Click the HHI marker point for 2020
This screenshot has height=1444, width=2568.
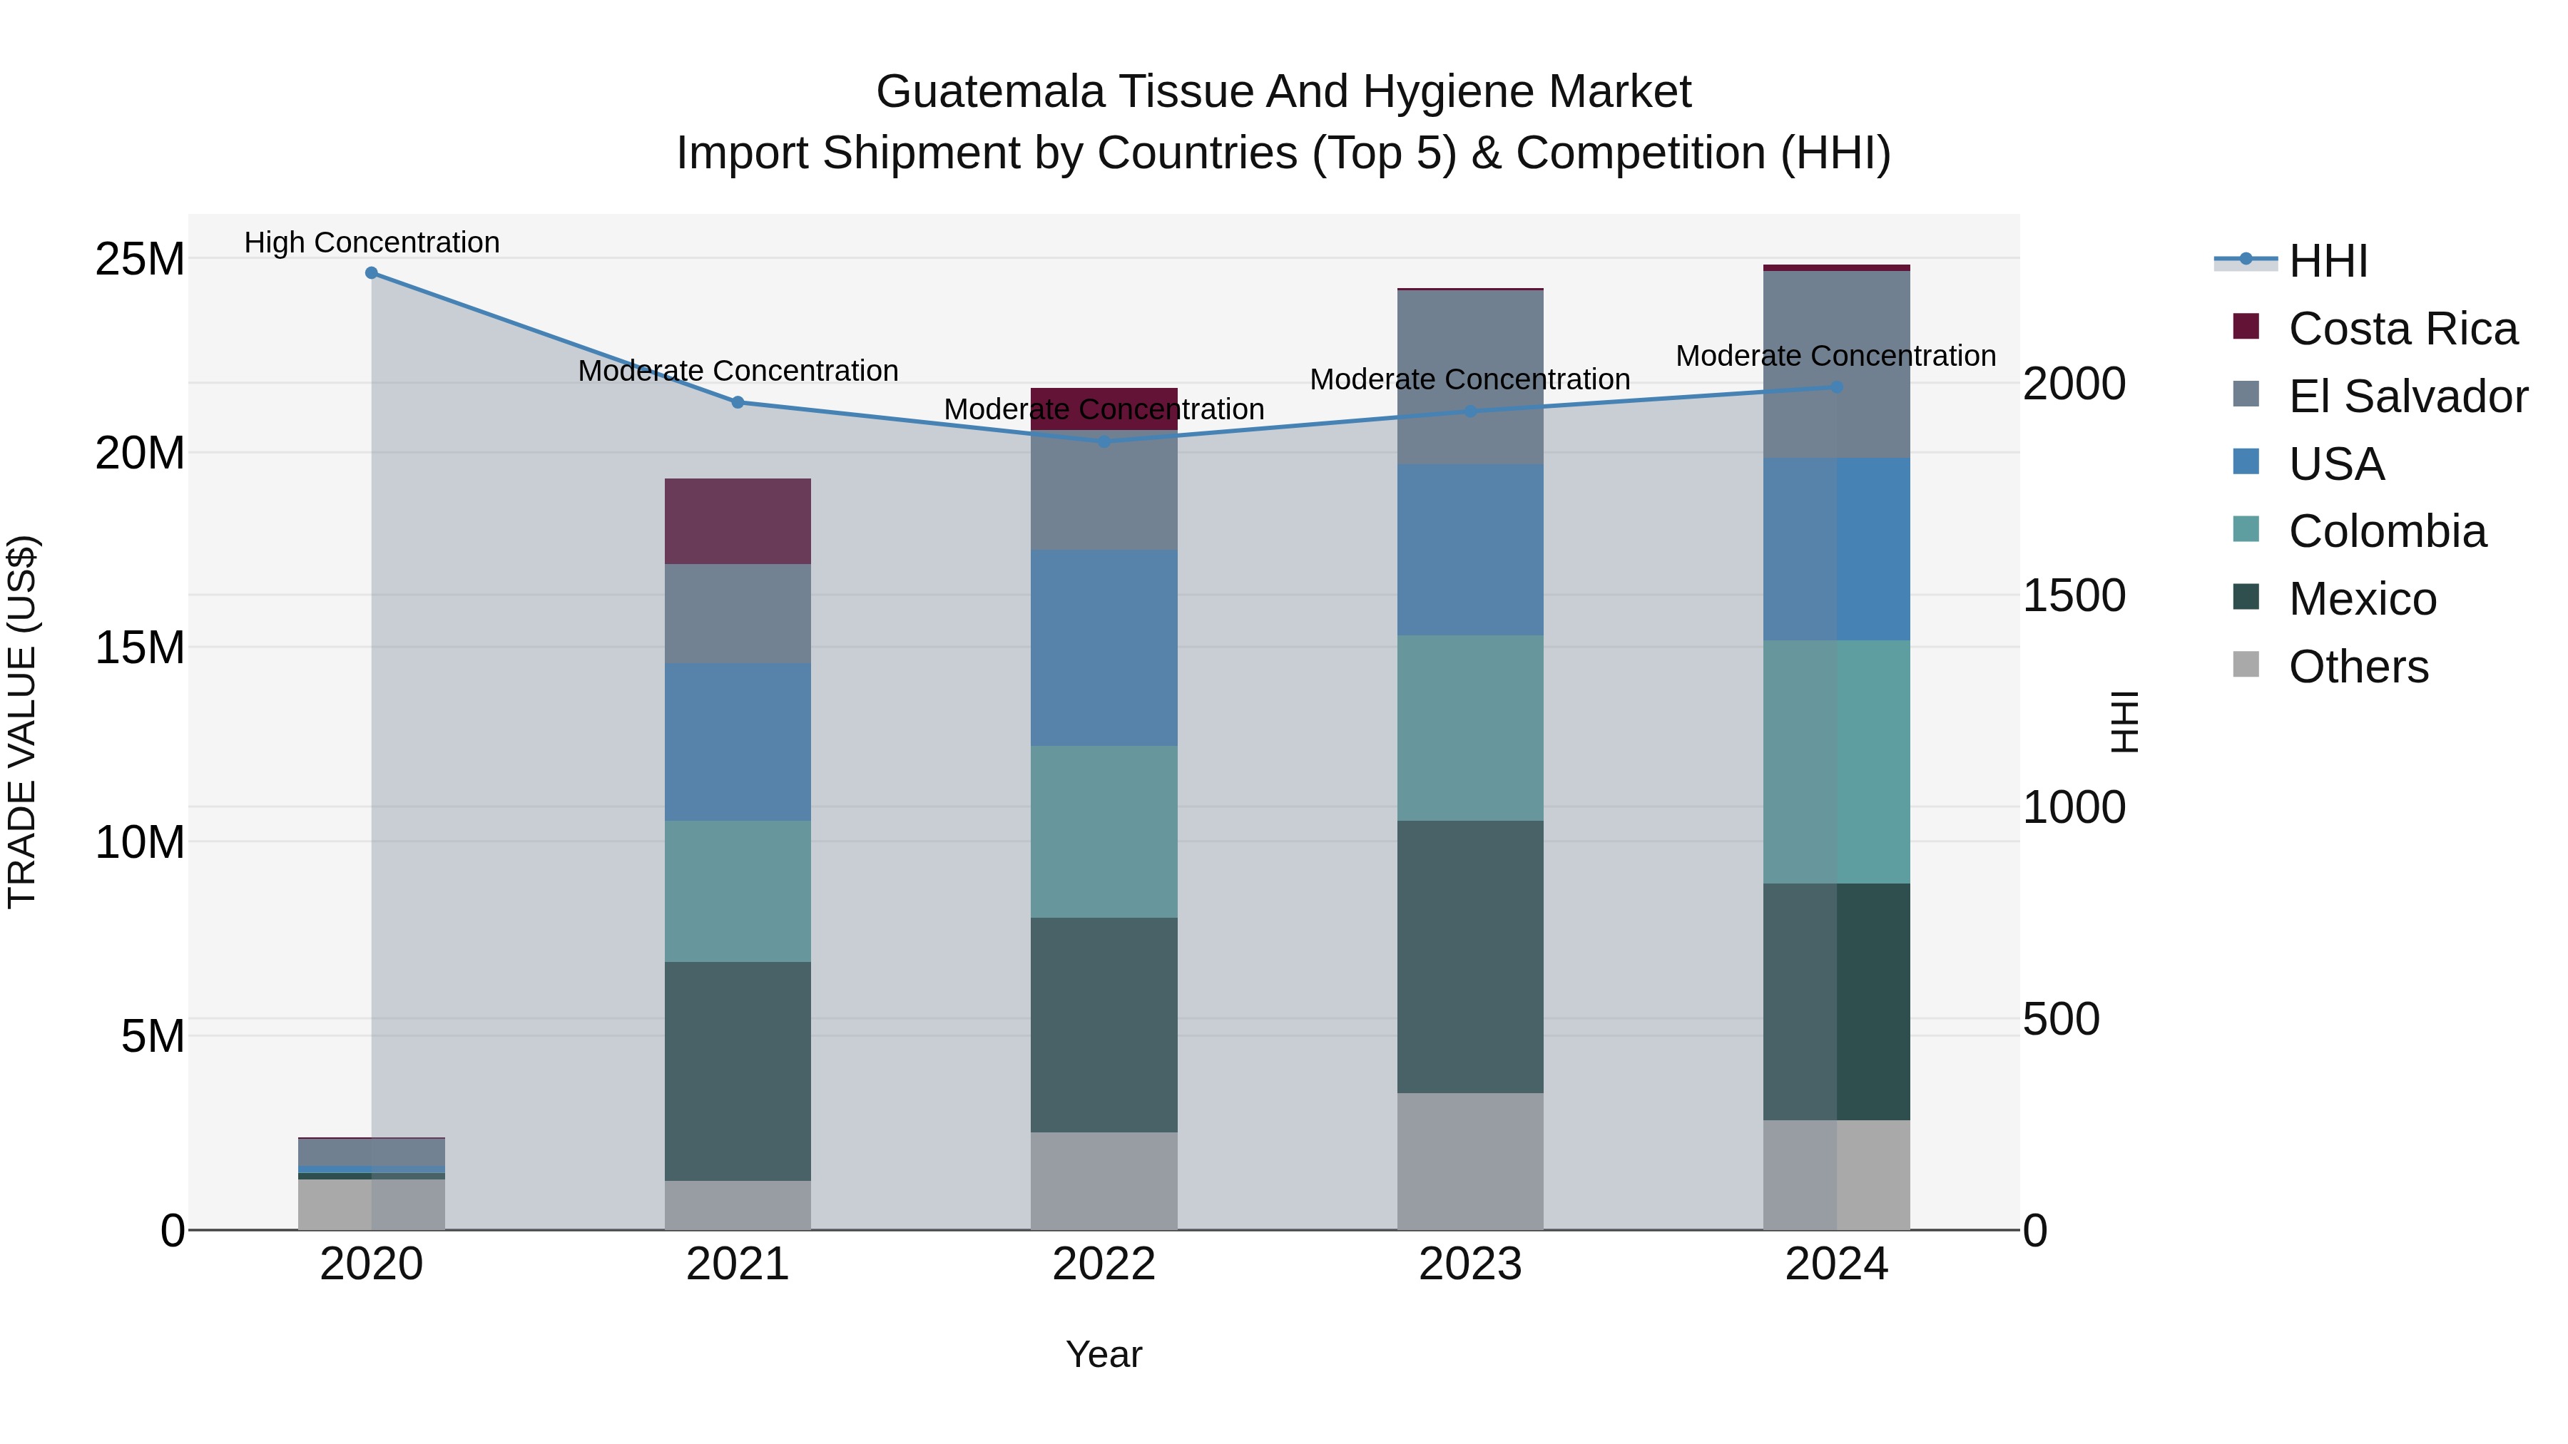(371, 273)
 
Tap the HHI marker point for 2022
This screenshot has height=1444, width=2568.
(1104, 441)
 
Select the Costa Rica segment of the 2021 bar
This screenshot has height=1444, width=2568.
(738, 521)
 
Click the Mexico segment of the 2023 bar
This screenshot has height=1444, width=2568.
(1470, 957)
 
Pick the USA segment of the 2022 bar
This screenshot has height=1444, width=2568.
(1104, 647)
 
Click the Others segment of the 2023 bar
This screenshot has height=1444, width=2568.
(1470, 1161)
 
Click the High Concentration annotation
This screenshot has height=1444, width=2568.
(372, 243)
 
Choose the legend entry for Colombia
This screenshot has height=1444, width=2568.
(2387, 531)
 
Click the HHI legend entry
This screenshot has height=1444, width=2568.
(2327, 261)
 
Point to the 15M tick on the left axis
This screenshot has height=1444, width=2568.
(140, 647)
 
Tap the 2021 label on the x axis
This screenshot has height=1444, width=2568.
(738, 1264)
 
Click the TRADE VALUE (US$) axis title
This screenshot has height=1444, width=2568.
(23, 722)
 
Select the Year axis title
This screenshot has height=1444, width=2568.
(1104, 1354)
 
